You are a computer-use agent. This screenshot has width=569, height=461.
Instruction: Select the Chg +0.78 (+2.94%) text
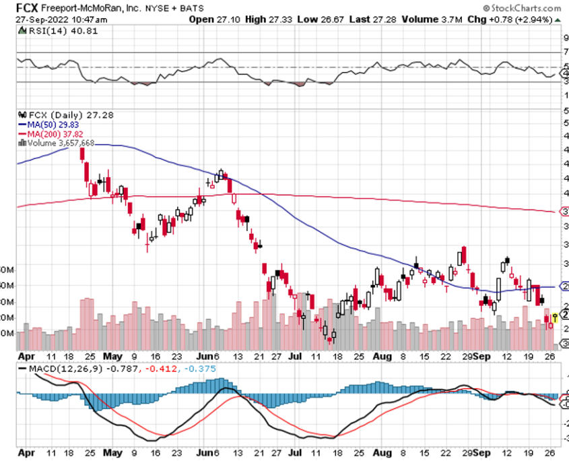506,20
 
